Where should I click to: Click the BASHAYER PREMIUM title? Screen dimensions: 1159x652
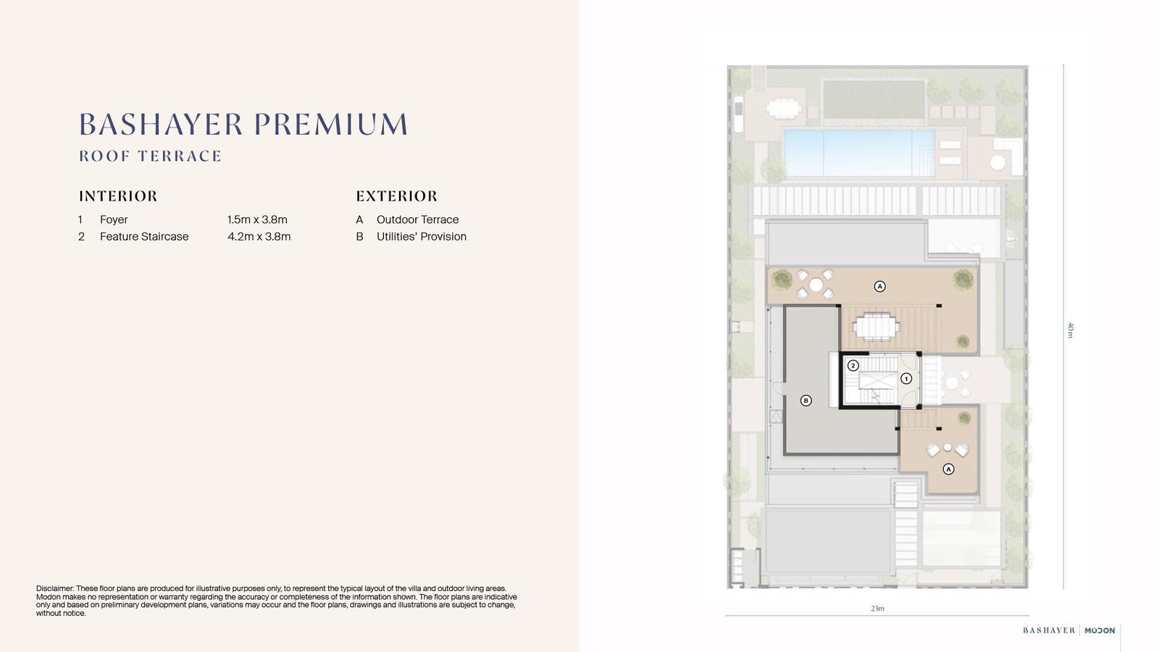[243, 125]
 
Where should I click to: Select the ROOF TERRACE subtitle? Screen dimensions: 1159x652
[150, 156]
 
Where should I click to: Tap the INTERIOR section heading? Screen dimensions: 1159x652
[118, 196]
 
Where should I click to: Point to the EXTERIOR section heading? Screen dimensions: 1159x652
[396, 196]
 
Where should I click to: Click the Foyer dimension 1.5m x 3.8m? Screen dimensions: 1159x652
[257, 220]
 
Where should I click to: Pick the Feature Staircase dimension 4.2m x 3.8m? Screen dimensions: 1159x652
[259, 236]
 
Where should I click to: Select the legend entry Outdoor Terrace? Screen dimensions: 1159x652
[417, 220]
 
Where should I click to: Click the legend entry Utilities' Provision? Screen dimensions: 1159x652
[421, 236]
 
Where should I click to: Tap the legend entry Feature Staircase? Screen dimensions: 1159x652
[144, 236]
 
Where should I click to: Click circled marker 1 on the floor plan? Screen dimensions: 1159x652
[906, 379]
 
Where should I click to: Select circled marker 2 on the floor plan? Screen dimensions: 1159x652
[853, 366]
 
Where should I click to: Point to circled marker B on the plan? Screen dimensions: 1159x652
[806, 401]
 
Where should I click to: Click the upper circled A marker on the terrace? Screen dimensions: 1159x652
[879, 286]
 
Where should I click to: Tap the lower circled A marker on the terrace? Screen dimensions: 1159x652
[948, 469]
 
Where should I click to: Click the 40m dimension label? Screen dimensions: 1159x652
[1071, 330]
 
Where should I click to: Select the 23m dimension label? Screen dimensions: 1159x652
[877, 609]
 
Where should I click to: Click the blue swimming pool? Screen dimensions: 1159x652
[859, 153]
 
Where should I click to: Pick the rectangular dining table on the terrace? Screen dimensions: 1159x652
[876, 327]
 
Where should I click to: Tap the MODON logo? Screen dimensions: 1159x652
[1100, 630]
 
